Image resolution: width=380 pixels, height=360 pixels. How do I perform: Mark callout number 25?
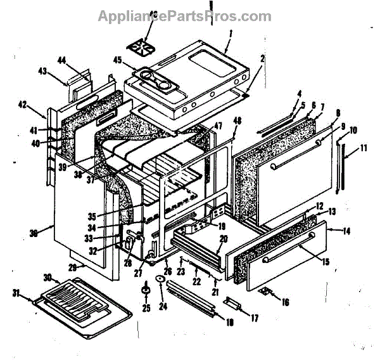coord(145,309)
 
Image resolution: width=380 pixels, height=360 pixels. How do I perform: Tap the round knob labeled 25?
coord(146,290)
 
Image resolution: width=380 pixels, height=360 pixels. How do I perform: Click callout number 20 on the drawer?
coord(222,239)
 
